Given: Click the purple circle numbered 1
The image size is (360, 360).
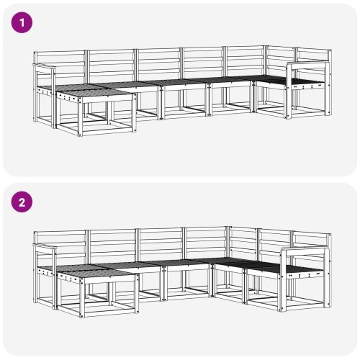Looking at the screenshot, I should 22,22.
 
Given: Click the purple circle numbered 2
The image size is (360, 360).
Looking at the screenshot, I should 22,202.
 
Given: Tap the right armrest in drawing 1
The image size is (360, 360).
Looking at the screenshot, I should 306,66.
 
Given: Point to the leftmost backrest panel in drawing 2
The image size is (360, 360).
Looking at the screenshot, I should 60,245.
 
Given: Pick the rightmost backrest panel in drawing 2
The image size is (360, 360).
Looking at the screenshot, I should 311,241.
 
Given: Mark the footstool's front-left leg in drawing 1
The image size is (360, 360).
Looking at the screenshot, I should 80,119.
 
